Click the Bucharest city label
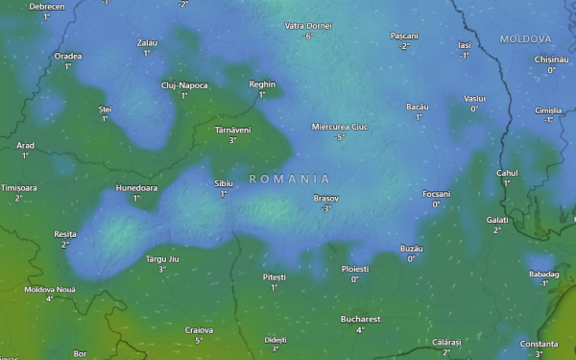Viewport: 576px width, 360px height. click(360, 319)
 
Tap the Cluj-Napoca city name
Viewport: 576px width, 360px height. click(184, 84)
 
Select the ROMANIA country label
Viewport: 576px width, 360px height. click(289, 179)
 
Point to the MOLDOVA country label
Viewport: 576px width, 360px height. click(526, 39)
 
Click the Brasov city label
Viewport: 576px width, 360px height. click(326, 198)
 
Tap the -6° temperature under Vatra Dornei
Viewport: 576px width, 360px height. click(308, 36)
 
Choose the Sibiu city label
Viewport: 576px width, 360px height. click(224, 182)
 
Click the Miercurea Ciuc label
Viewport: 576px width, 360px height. click(340, 127)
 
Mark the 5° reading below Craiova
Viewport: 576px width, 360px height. click(199, 340)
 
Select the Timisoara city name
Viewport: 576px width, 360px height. click(19, 187)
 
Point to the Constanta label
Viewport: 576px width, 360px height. click(539, 344)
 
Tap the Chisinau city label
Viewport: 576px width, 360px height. click(552, 59)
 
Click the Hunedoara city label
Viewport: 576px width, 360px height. click(136, 187)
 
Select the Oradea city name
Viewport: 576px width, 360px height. click(68, 56)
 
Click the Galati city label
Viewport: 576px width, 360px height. click(497, 219)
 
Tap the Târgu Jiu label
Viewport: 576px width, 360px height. click(161, 259)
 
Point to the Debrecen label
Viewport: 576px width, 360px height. click(47, 6)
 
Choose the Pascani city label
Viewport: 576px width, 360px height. click(405, 36)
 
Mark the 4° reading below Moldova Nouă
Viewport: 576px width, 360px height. click(49, 299)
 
